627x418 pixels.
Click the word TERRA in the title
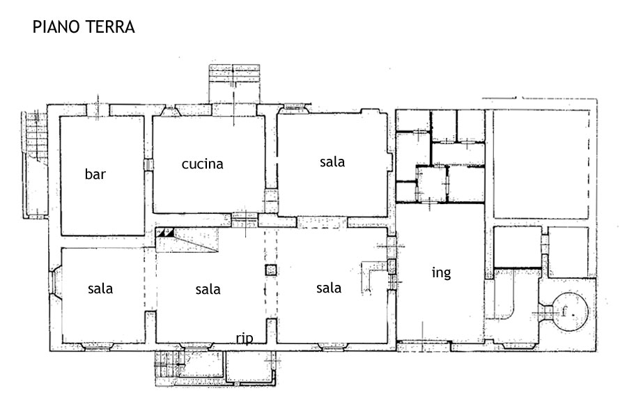109,26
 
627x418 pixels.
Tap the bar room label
95,174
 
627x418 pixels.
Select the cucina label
202,164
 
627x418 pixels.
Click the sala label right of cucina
332,162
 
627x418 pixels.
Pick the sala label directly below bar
100,288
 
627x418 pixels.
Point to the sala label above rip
208,289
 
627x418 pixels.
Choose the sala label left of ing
329,288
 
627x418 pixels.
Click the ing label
442,273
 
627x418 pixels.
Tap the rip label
245,339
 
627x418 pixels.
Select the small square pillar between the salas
271,270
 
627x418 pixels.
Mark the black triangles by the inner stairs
165,233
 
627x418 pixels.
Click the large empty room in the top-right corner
541,164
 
